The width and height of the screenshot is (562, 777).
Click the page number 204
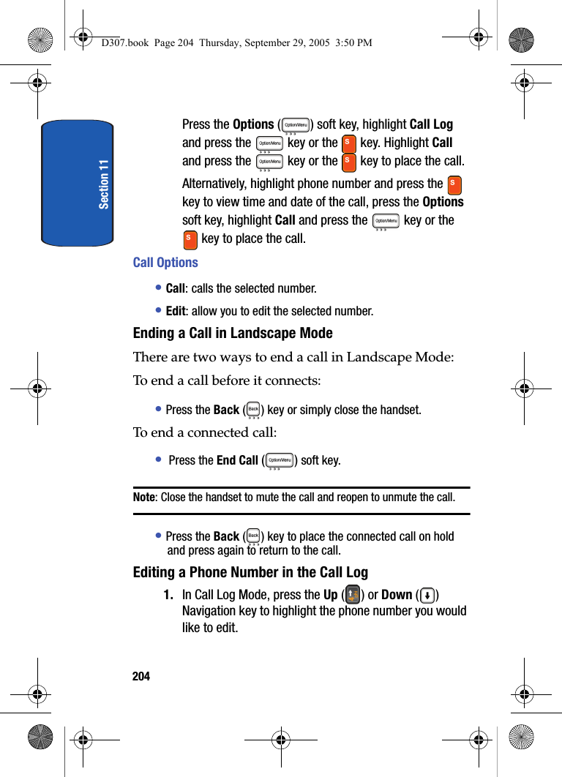(141, 676)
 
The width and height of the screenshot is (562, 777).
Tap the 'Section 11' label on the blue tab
(104, 184)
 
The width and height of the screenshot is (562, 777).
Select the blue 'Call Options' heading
(165, 263)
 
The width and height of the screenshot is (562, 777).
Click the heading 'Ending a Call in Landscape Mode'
(233, 334)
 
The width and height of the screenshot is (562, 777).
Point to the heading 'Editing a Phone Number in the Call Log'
(250, 572)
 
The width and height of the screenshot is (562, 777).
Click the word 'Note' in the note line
(144, 498)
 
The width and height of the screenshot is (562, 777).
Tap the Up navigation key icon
(352, 594)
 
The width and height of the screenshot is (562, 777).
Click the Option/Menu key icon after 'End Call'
(280, 460)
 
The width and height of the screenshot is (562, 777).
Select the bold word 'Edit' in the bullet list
(176, 311)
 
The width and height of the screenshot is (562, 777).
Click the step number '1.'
(168, 595)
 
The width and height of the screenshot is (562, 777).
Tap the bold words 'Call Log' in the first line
(431, 124)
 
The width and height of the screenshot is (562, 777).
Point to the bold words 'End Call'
(237, 460)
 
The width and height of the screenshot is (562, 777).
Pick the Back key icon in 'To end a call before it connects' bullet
(253, 409)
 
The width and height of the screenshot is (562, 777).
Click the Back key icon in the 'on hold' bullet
(253, 536)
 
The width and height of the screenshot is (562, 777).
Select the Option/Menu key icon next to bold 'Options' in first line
(296, 125)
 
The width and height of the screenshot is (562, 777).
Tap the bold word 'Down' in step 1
(397, 595)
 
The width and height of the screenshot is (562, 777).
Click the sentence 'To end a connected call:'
(205, 432)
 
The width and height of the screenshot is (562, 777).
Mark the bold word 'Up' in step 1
(330, 595)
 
